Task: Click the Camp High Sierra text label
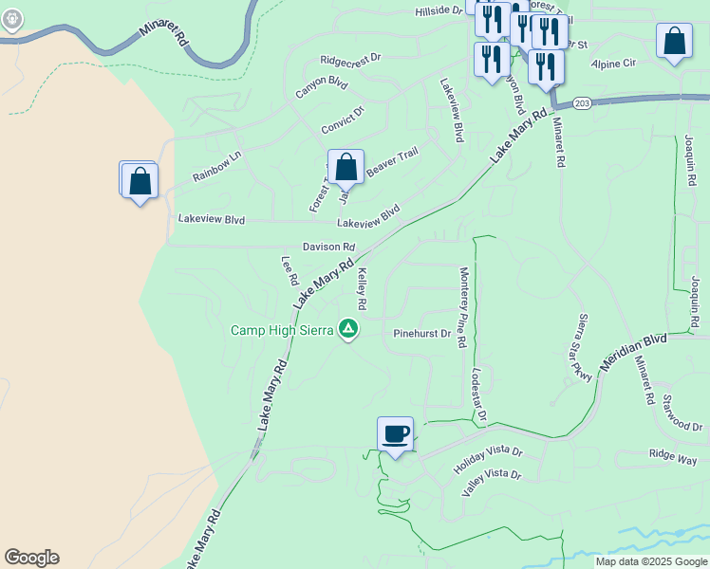[x=282, y=330]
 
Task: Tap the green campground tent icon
[x=348, y=329]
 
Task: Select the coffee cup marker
[x=395, y=435]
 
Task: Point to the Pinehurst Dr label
[x=421, y=334]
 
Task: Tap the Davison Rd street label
[x=328, y=247]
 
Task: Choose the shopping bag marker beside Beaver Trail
[x=346, y=168]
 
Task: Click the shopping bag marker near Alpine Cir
[x=674, y=42]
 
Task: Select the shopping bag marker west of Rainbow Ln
[x=139, y=180]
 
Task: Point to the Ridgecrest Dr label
[x=350, y=58]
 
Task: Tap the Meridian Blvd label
[x=634, y=350]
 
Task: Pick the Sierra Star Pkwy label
[x=585, y=347]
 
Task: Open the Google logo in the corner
[x=31, y=558]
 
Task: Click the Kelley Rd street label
[x=362, y=289]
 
